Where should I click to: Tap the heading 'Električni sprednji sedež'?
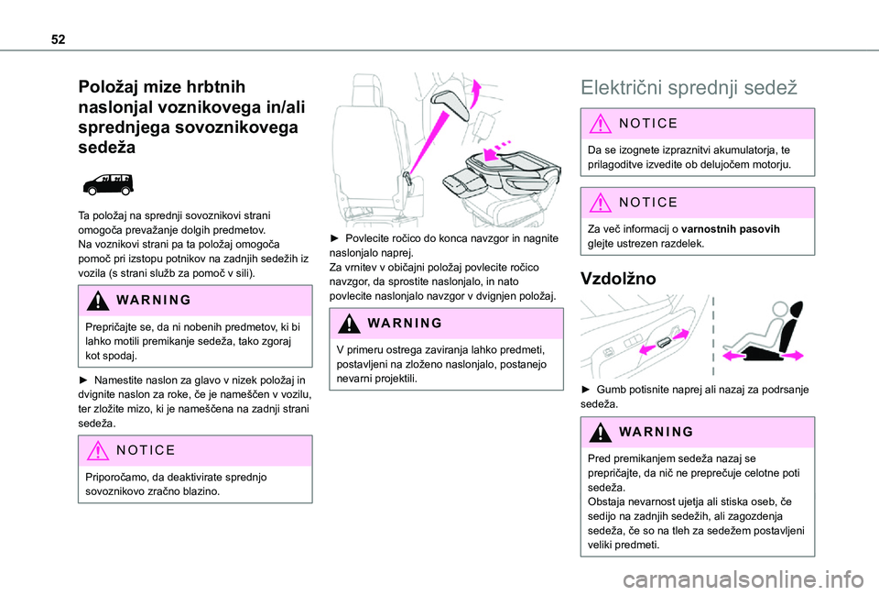click(688, 88)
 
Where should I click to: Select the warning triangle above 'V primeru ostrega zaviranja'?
click(353, 323)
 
